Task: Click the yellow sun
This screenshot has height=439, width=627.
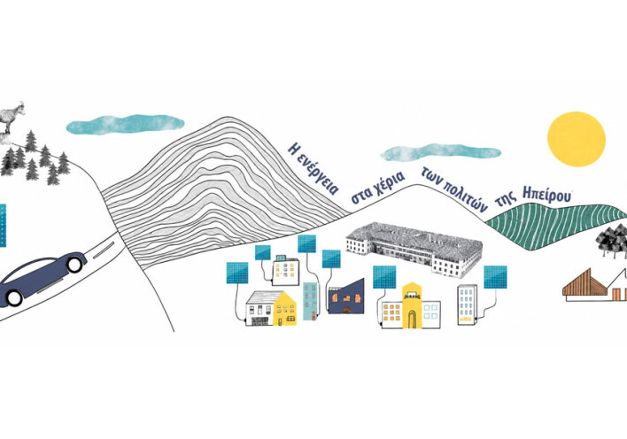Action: coord(577,138)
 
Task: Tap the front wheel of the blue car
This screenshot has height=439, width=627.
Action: coord(74,265)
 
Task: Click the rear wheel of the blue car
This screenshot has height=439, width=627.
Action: coord(14,298)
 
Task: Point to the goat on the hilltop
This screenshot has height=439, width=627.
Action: coord(12,117)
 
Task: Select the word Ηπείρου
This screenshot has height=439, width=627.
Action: coord(547,196)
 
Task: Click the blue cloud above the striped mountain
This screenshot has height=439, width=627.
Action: coord(125,124)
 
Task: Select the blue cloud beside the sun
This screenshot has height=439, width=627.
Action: coord(440,153)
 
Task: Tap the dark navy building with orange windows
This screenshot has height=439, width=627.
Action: coord(346,297)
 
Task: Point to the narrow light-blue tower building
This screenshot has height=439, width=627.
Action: coord(310,301)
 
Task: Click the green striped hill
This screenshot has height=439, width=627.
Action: coord(557,227)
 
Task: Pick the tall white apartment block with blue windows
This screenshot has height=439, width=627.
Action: coord(468,304)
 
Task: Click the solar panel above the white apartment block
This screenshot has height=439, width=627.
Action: coord(495,277)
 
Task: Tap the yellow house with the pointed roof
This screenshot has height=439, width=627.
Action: coord(285,308)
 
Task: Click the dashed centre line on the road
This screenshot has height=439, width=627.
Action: coord(104,250)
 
